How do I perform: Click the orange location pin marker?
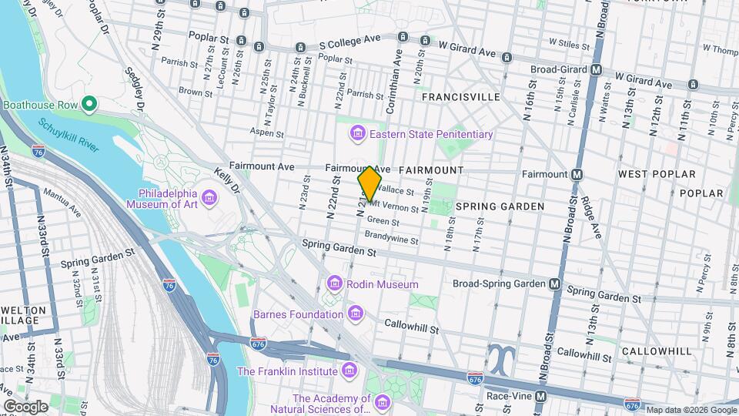(x=369, y=184)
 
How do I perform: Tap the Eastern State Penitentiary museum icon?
(x=357, y=135)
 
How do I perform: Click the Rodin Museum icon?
(x=334, y=284)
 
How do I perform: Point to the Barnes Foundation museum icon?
(x=355, y=314)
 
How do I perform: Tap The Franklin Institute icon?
(x=350, y=371)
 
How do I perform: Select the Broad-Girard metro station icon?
(x=596, y=69)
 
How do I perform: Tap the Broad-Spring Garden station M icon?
(x=555, y=283)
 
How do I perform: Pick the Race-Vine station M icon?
(x=541, y=397)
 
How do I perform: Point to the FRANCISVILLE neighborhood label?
(x=460, y=97)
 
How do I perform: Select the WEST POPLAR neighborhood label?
(x=657, y=175)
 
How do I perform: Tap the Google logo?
(x=26, y=406)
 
